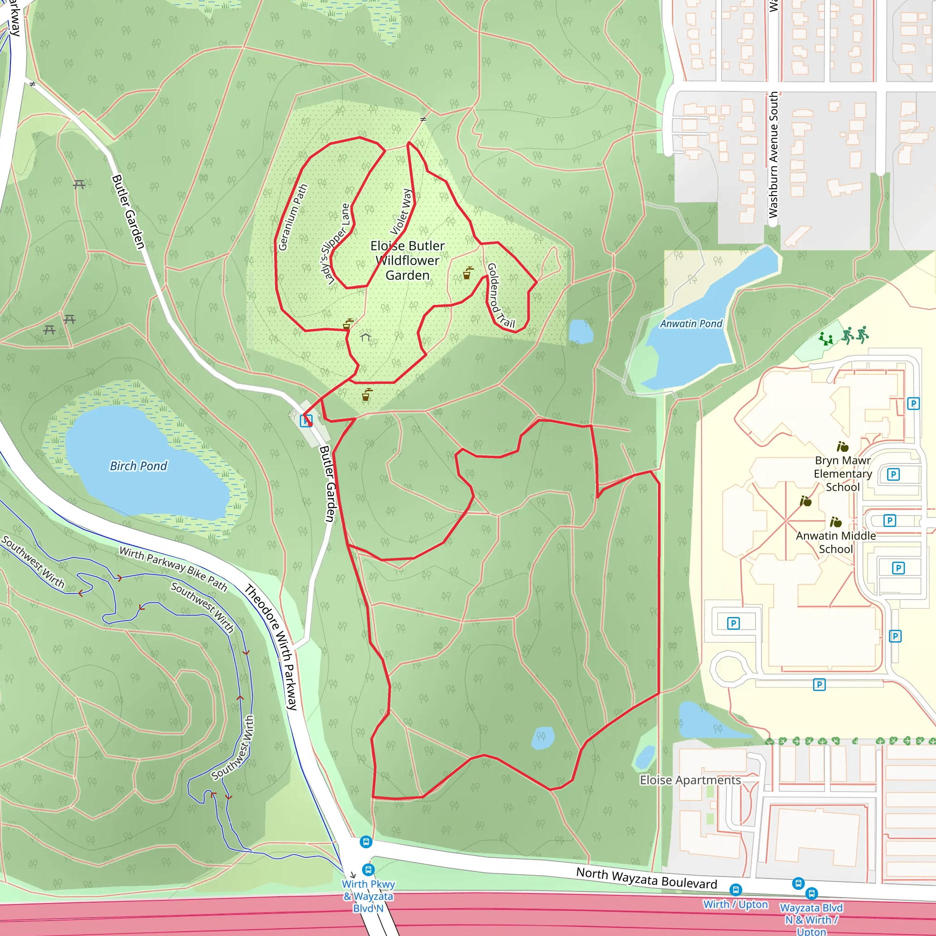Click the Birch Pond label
coord(138,466)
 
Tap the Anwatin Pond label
coord(691,324)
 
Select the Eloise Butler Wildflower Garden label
coord(407,261)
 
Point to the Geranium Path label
coord(292,217)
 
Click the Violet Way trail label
coord(401,212)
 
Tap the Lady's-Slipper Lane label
coord(335,244)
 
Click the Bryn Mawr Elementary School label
coord(842,473)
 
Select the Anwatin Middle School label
coord(836,542)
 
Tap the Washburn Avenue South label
coord(773,155)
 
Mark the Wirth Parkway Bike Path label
coord(173,568)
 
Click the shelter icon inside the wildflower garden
coord(365,336)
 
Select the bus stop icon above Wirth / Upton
coord(735,889)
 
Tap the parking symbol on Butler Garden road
coord(306,420)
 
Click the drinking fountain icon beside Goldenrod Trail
coord(468,273)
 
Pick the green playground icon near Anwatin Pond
coord(825,339)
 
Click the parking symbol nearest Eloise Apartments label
coord(819,685)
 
